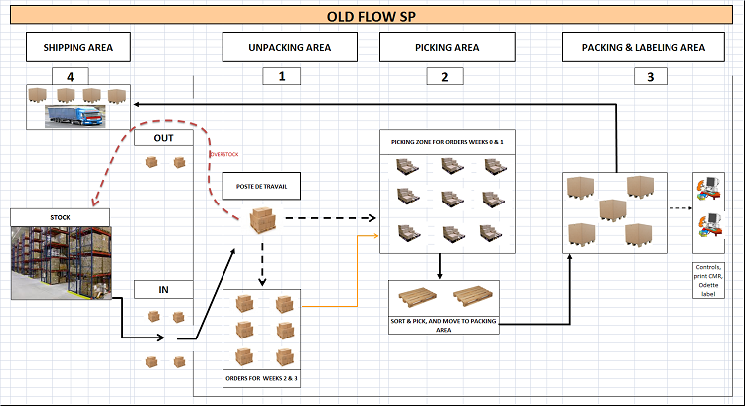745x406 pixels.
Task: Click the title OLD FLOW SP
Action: click(x=372, y=16)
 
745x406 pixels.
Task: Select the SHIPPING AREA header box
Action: click(x=78, y=47)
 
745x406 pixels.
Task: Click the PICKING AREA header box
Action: click(x=446, y=47)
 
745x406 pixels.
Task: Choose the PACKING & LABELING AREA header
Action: click(x=649, y=47)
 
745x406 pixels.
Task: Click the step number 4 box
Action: click(x=70, y=76)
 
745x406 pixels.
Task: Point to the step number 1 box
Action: click(x=282, y=76)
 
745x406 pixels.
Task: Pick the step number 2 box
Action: click(x=444, y=76)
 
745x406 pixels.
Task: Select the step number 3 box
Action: click(x=650, y=76)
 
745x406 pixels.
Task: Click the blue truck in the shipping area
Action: click(x=75, y=117)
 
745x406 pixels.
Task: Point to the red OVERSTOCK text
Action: click(x=224, y=155)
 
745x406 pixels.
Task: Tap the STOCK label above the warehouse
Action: click(x=60, y=215)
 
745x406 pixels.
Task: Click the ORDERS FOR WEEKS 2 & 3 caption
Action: click(x=262, y=379)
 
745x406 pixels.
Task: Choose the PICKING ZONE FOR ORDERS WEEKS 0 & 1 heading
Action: click(x=446, y=142)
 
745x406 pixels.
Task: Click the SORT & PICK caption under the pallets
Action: click(x=444, y=324)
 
